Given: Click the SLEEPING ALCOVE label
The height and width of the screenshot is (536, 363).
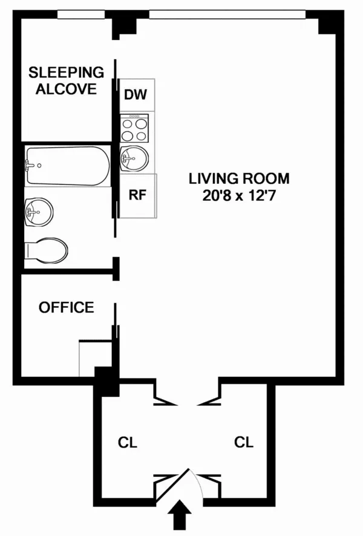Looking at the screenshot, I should coord(67,80).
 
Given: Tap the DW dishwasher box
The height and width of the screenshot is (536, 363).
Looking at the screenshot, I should coord(137,95).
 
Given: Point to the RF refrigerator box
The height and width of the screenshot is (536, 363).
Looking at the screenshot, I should coord(137,195).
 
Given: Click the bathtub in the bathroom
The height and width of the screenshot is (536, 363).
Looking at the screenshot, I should coord(67,165).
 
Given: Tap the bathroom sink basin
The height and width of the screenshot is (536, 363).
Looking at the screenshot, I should coord(39,212).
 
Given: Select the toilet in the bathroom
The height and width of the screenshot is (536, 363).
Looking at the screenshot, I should coord(46,249).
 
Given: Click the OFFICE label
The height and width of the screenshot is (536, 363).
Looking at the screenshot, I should coord(67,307).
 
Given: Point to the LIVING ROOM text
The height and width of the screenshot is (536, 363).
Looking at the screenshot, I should coord(239,179).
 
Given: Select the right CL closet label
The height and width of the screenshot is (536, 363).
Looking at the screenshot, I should coord(244,442).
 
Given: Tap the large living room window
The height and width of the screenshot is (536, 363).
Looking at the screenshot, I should coord(225,13).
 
